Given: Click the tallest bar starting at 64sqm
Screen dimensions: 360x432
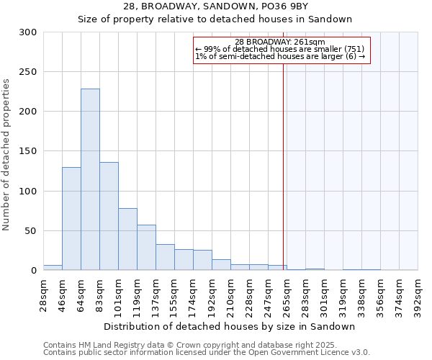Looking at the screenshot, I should (x=90, y=180).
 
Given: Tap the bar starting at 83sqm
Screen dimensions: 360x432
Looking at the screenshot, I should (x=109, y=216).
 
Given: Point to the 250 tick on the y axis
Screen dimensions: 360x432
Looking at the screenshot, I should (x=27, y=72).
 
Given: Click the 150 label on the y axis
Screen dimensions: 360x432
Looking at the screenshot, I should (x=27, y=151).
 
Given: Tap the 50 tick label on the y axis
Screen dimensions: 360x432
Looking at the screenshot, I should (x=30, y=231).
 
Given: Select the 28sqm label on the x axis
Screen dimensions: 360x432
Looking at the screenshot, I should (x=47, y=295).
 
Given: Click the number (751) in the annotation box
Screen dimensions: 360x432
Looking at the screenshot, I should (x=352, y=49).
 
